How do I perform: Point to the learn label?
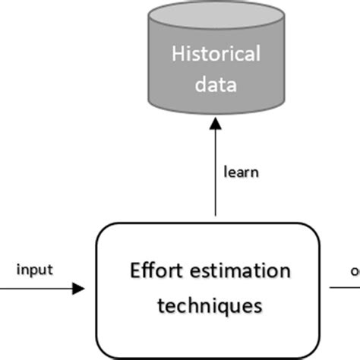coord(242,172)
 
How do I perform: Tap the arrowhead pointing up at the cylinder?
coord(215,130)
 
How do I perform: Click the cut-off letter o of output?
coord(355,270)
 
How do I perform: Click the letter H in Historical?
coord(178,54)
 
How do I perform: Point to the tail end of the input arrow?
coord(2,289)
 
